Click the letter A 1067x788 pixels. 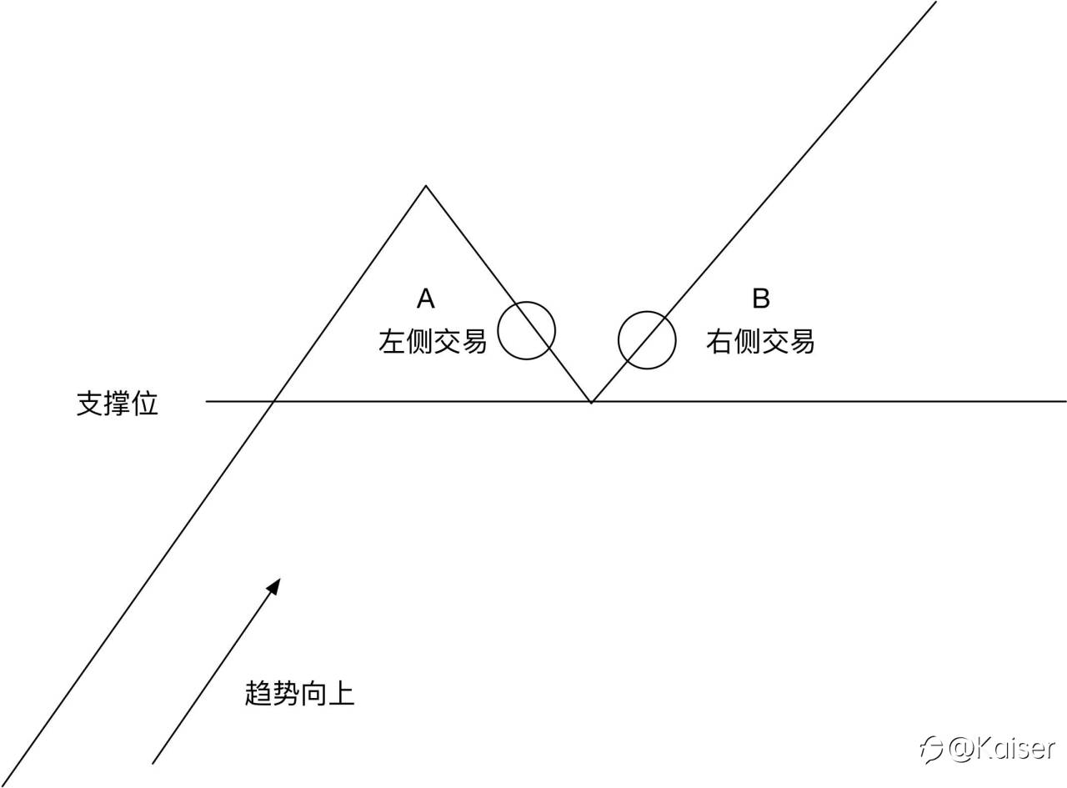click(x=426, y=298)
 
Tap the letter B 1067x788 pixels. click(x=760, y=298)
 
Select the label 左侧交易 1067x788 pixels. click(x=433, y=341)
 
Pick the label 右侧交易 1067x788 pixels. click(x=759, y=341)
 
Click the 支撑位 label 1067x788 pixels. click(x=118, y=404)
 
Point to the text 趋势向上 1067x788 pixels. click(x=300, y=694)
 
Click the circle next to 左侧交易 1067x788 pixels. click(x=527, y=330)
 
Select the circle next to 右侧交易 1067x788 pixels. click(x=647, y=340)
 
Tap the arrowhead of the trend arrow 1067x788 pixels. click(x=274, y=585)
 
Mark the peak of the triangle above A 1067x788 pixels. click(x=426, y=186)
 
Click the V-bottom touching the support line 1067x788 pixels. click(x=592, y=402)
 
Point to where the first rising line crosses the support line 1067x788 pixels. click(x=274, y=402)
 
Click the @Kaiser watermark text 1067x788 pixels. click(x=1000, y=748)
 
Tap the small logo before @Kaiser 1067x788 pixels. click(x=931, y=749)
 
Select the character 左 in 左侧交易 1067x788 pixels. click(x=392, y=341)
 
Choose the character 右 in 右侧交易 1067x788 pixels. click(x=719, y=341)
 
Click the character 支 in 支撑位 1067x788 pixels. click(x=90, y=404)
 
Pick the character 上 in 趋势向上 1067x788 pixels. click(x=342, y=694)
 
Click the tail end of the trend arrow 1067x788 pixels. click(x=153, y=762)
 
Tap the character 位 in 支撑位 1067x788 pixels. click(x=145, y=404)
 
